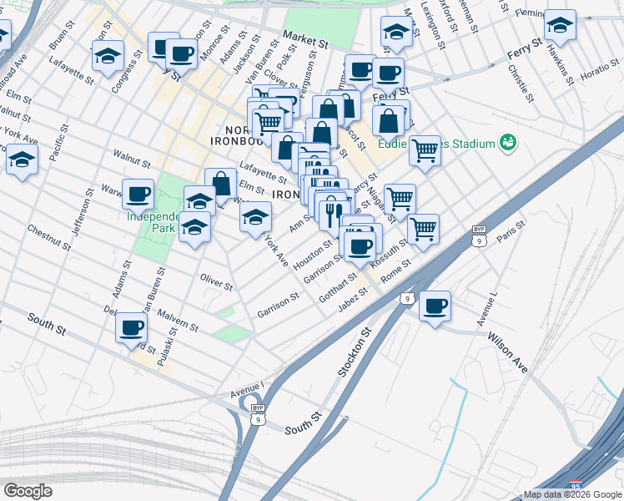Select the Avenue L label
(x=486, y=310)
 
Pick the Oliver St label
(x=216, y=281)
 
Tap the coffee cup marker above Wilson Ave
(x=435, y=306)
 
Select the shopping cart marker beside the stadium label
(x=424, y=151)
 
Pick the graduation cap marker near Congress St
(x=107, y=57)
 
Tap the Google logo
(x=28, y=491)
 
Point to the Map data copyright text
(x=572, y=494)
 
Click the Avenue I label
(x=246, y=387)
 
